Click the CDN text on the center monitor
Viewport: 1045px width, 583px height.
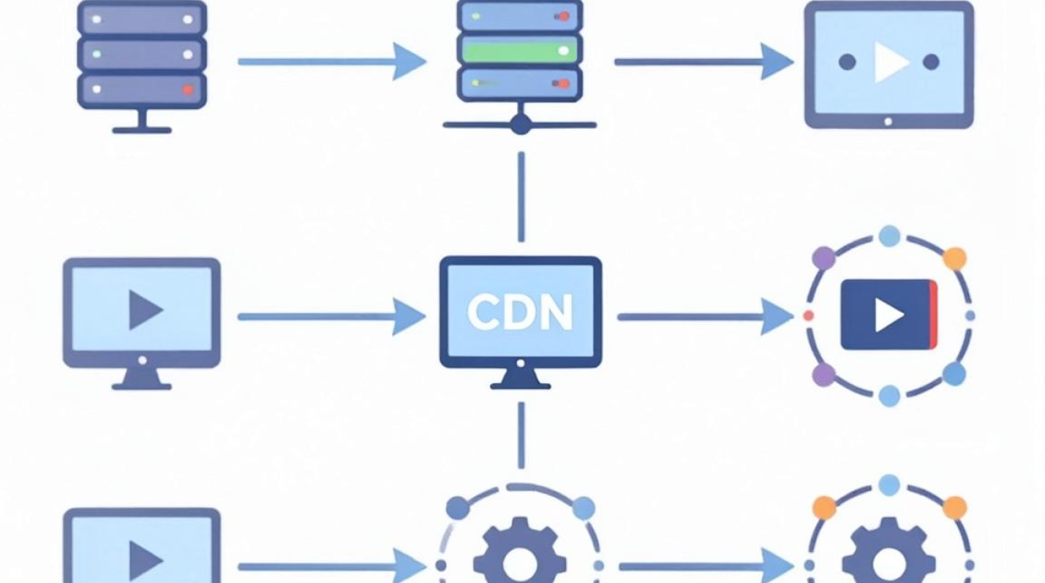pyautogui.click(x=519, y=312)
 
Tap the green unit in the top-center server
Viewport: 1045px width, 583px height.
pyautogui.click(x=519, y=50)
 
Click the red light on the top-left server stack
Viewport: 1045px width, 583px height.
pyautogui.click(x=188, y=89)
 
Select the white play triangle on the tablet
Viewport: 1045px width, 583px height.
pyautogui.click(x=890, y=62)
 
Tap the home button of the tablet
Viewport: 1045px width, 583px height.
pyautogui.click(x=888, y=122)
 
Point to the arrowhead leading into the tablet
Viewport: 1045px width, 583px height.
pyautogui.click(x=778, y=61)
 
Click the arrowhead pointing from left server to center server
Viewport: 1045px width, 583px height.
pyautogui.click(x=409, y=61)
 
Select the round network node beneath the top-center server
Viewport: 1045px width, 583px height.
pyautogui.click(x=521, y=124)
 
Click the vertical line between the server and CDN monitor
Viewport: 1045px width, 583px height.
pyautogui.click(x=521, y=197)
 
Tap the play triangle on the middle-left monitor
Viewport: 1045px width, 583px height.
pyautogui.click(x=145, y=310)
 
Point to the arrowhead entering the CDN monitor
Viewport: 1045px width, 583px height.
pyautogui.click(x=409, y=316)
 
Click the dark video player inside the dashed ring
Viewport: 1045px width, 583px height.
pyautogui.click(x=889, y=314)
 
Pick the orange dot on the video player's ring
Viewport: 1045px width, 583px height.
pyautogui.click(x=955, y=259)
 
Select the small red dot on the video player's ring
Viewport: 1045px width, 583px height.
pyautogui.click(x=809, y=316)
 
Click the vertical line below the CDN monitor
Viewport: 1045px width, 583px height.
pyautogui.click(x=521, y=435)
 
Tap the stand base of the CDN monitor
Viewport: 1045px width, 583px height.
pyautogui.click(x=521, y=386)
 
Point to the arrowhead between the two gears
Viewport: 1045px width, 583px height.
pyautogui.click(x=778, y=567)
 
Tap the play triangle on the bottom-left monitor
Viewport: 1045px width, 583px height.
pyautogui.click(x=145, y=560)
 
